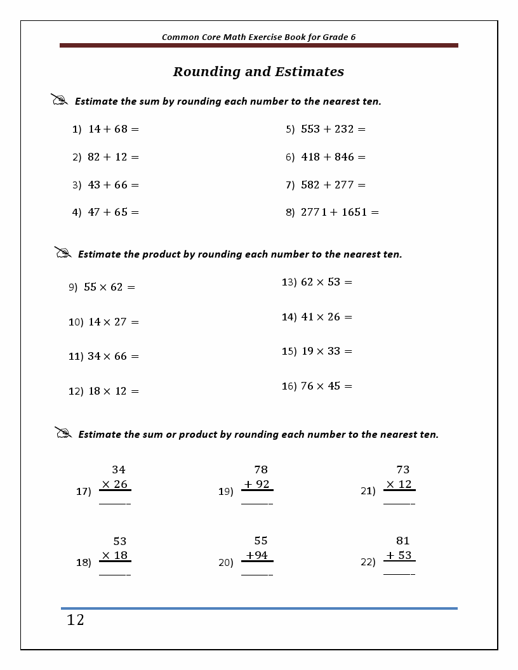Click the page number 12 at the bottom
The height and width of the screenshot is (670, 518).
(75, 620)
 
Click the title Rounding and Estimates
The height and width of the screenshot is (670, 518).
(258, 72)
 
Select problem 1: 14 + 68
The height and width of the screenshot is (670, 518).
(105, 129)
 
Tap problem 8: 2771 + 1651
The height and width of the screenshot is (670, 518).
(332, 213)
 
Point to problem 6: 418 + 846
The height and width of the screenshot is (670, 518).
(326, 157)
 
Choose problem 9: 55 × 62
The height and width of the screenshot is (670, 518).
(102, 287)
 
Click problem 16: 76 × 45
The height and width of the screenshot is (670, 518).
(317, 386)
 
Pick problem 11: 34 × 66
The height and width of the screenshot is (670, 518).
(103, 356)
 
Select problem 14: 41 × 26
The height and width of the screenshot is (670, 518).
(317, 317)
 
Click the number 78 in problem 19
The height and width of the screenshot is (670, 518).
(261, 470)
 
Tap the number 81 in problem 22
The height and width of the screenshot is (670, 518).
(403, 541)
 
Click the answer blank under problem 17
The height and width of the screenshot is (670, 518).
(115, 504)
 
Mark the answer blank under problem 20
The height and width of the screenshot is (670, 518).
(257, 575)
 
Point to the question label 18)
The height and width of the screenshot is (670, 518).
(84, 562)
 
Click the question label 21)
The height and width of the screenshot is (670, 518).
(368, 490)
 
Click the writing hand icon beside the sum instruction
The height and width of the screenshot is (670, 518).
(60, 100)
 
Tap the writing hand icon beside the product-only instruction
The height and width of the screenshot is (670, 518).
(63, 253)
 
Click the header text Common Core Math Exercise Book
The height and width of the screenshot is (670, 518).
(258, 37)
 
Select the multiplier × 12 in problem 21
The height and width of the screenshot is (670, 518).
(399, 484)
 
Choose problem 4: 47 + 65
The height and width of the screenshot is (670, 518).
(105, 213)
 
